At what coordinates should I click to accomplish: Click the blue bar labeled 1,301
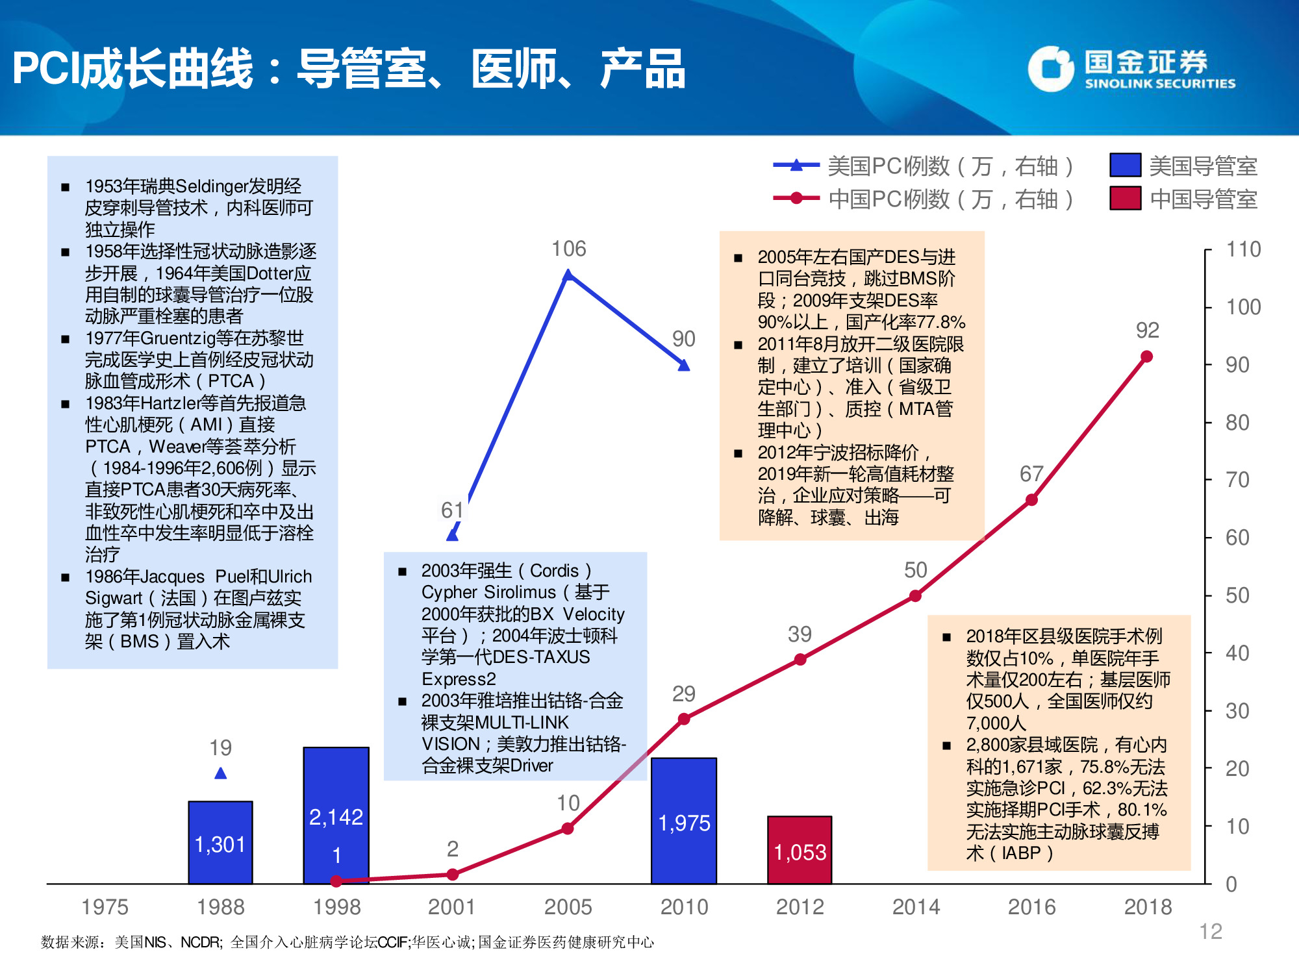pos(220,842)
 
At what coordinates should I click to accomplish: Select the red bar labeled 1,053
pos(800,850)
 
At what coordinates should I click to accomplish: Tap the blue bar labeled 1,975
pos(684,821)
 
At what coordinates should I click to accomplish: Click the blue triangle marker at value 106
pos(568,275)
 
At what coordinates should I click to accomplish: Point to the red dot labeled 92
pos(1146,356)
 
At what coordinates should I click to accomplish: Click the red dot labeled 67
pos(1031,500)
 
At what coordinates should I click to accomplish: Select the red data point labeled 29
pos(684,719)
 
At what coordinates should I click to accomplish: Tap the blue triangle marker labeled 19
pos(221,773)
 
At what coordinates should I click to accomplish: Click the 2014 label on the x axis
pos(916,906)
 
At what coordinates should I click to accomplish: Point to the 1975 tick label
pos(105,906)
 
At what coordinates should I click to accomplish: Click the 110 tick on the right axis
pos(1242,249)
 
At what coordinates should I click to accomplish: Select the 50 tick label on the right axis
pos(1237,595)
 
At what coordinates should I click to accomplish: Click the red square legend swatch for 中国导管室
pos(1125,198)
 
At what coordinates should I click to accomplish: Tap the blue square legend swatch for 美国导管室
pos(1125,165)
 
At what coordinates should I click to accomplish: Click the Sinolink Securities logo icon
pos(1050,68)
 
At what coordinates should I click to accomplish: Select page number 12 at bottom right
pos(1210,931)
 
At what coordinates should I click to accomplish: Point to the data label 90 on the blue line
pos(683,338)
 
